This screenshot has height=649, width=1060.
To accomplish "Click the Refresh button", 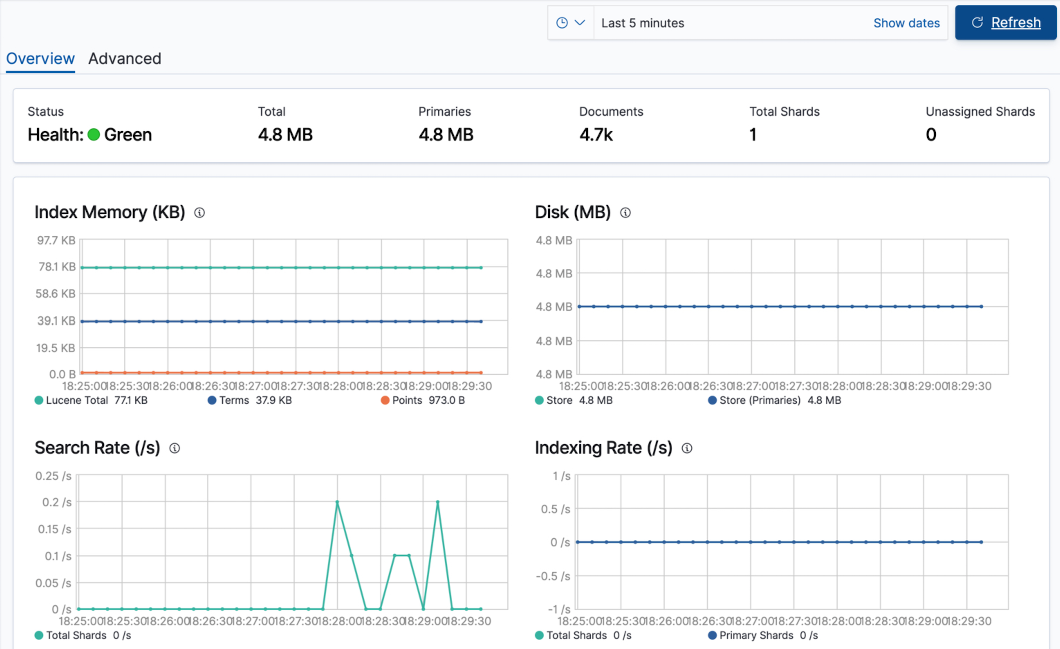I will click(1005, 23).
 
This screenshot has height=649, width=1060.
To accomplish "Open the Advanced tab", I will click(125, 59).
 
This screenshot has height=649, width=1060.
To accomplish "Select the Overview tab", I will click(40, 59).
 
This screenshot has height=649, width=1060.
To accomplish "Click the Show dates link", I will click(906, 23).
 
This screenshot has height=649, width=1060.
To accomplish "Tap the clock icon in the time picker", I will click(562, 23).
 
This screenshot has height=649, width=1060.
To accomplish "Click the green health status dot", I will click(94, 135).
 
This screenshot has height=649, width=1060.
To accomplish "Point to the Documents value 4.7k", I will click(596, 135).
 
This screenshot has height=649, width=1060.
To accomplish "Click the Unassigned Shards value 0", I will click(930, 135).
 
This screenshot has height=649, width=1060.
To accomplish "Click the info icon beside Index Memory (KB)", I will click(199, 213).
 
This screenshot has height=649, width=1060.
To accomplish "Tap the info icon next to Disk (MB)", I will click(625, 213).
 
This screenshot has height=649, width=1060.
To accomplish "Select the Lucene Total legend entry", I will click(76, 400).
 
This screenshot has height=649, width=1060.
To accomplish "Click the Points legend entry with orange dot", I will click(406, 400).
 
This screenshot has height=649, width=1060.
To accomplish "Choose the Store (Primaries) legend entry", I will click(759, 400).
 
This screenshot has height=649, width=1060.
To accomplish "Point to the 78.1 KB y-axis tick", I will click(57, 267).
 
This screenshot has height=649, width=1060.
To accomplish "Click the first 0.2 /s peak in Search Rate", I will click(337, 502).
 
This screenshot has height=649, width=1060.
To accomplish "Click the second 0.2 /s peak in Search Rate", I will click(438, 502).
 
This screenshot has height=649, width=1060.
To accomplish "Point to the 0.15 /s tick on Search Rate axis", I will click(54, 529).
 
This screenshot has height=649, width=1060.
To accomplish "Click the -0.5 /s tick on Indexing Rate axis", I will click(553, 576).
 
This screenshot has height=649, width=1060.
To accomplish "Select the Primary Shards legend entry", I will click(755, 635).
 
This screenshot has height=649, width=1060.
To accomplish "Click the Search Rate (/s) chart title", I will click(97, 448).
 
